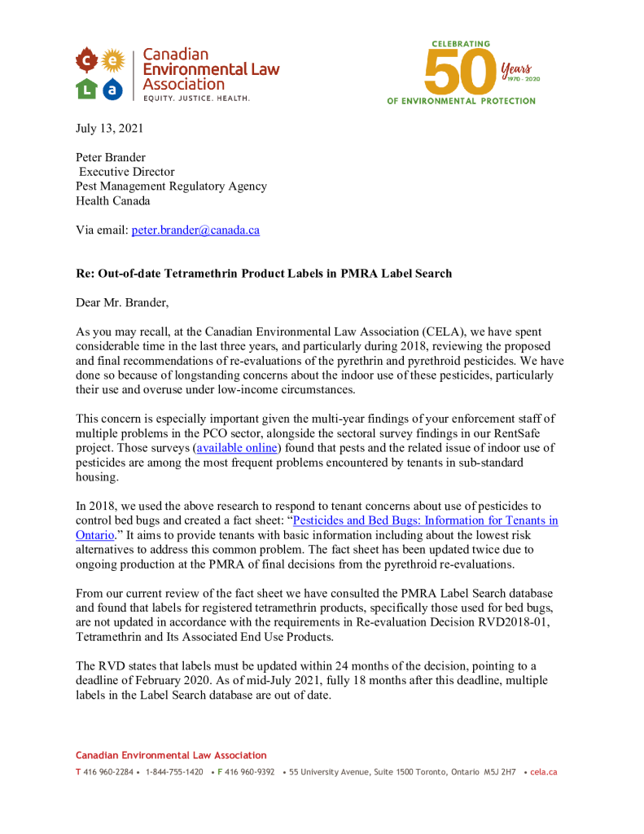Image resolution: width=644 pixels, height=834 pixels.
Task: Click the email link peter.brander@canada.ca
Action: (195, 230)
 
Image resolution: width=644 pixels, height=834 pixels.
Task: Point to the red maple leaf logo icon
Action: (87, 61)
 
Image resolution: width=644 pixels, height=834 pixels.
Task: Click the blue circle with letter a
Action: (114, 89)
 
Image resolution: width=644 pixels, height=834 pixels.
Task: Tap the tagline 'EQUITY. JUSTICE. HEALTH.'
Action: (196, 99)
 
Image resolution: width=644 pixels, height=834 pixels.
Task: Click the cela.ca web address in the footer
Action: (543, 772)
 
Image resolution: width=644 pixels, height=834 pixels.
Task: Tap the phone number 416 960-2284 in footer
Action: (107, 772)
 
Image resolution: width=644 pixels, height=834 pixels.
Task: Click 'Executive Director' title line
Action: (126, 172)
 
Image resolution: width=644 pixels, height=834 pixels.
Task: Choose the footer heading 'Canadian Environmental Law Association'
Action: (171, 755)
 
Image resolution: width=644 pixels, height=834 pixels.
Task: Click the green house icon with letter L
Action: (86, 89)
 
